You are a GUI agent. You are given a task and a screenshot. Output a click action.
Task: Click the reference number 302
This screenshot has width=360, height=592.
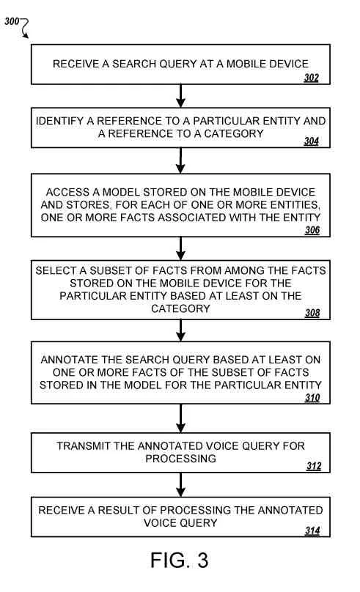tap(312, 78)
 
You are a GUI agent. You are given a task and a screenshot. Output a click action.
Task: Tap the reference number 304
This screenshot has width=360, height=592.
tap(312, 141)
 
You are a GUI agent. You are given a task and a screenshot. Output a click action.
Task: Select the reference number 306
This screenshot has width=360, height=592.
tap(312, 230)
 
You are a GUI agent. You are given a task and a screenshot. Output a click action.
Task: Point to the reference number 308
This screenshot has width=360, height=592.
tap(312, 313)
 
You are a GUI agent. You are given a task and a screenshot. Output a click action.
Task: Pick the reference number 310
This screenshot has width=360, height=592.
tap(312, 398)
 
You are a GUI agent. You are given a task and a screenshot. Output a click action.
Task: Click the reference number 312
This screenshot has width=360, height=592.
tap(314, 466)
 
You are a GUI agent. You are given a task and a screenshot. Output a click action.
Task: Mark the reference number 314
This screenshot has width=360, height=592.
tap(312, 530)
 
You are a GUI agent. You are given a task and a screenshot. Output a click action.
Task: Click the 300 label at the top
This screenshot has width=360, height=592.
tap(11, 21)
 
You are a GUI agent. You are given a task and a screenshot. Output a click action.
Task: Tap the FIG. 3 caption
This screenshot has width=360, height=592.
tap(180, 560)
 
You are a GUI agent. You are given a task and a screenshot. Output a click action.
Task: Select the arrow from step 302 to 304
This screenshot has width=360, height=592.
tap(180, 96)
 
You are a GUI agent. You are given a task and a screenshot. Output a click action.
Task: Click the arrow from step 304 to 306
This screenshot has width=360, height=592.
tap(180, 160)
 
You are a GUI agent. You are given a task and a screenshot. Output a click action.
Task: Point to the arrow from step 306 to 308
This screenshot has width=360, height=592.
tap(180, 248)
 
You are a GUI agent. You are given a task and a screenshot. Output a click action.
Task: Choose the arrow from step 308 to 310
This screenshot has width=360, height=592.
tap(180, 330)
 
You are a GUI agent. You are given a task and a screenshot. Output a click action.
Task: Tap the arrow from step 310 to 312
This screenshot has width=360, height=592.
tap(180, 418)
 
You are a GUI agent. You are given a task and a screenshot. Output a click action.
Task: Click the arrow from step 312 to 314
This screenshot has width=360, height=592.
tap(180, 485)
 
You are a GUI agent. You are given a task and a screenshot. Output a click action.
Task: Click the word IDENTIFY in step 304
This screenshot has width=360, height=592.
tap(59, 121)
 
